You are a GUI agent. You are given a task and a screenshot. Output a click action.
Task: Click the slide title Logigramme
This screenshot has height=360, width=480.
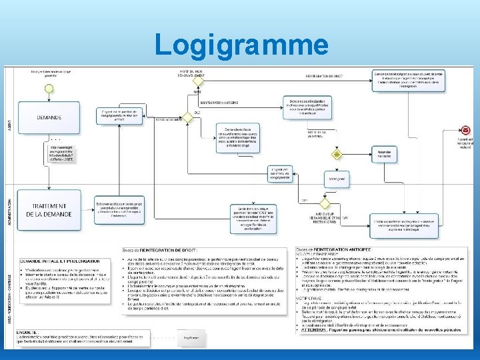241,45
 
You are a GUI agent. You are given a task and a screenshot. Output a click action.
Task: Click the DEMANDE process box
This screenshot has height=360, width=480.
49,117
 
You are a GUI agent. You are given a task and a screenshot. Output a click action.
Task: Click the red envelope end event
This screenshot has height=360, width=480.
465,130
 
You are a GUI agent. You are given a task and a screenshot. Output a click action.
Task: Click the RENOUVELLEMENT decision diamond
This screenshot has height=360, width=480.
187,117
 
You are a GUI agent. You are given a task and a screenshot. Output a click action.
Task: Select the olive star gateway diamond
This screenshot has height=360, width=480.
337,154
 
